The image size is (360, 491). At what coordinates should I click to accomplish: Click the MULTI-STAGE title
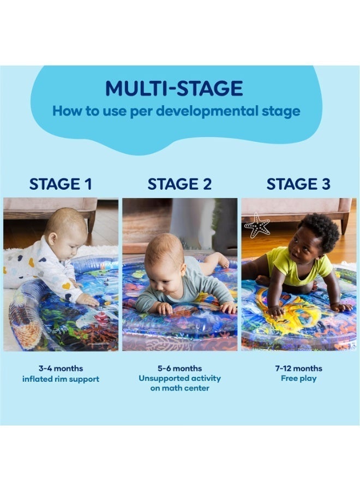click(x=174, y=88)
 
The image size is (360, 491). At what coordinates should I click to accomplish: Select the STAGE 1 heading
click(x=61, y=184)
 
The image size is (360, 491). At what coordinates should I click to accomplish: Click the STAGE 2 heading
click(x=179, y=184)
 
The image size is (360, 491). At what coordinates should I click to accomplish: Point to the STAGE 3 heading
click(x=298, y=184)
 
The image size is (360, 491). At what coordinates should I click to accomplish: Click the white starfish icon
click(x=257, y=226)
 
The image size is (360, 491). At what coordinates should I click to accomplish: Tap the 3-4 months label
click(x=61, y=368)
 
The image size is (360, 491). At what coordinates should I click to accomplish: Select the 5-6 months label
click(x=179, y=368)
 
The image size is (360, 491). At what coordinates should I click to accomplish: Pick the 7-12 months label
click(x=299, y=368)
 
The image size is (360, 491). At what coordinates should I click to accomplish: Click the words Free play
click(x=299, y=379)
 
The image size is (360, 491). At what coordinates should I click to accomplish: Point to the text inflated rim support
click(x=61, y=379)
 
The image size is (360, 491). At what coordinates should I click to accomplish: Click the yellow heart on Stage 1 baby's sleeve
click(x=66, y=286)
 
